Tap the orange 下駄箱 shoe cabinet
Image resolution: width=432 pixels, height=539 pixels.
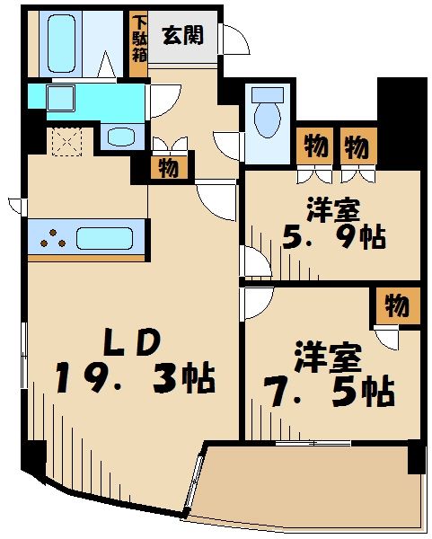point(138,38)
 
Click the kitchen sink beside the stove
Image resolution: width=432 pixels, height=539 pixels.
point(105,239)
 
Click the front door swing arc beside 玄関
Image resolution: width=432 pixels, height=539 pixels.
point(235,40)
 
